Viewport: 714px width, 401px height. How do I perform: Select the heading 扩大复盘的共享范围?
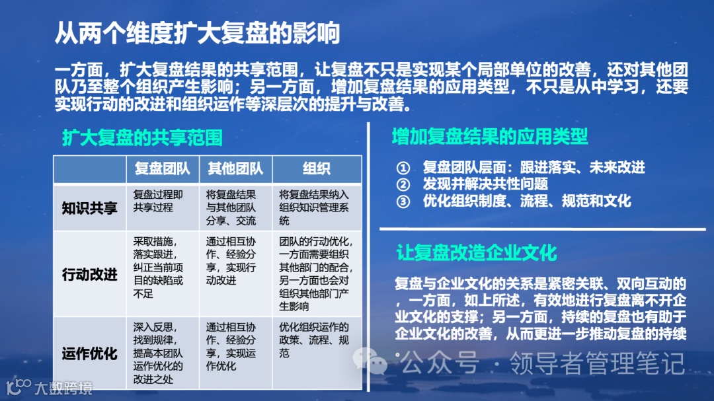click(142, 137)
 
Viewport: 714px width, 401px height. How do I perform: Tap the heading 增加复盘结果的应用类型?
click(490, 137)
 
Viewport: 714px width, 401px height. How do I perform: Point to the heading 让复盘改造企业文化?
click(476, 252)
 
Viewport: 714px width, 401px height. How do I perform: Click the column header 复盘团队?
click(162, 169)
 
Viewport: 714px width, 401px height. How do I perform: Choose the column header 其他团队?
click(235, 169)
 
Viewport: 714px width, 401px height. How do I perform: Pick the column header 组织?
click(317, 169)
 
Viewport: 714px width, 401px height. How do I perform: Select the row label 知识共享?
click(89, 208)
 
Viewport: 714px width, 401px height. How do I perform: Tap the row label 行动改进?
click(89, 274)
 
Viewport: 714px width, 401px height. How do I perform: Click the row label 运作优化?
click(89, 353)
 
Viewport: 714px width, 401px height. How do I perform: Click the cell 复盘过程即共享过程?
click(158, 201)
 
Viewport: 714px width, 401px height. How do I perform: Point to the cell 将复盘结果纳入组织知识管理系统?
click(314, 207)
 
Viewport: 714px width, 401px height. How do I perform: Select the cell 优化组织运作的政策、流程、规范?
click(314, 340)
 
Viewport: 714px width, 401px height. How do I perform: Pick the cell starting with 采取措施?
click(159, 268)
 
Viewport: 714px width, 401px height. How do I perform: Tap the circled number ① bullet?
click(403, 168)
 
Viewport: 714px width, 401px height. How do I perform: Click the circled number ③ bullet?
click(403, 201)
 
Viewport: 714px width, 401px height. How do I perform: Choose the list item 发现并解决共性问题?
click(485, 184)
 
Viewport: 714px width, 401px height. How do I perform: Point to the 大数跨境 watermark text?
click(63, 388)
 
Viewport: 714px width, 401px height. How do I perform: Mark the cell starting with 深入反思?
click(159, 353)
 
